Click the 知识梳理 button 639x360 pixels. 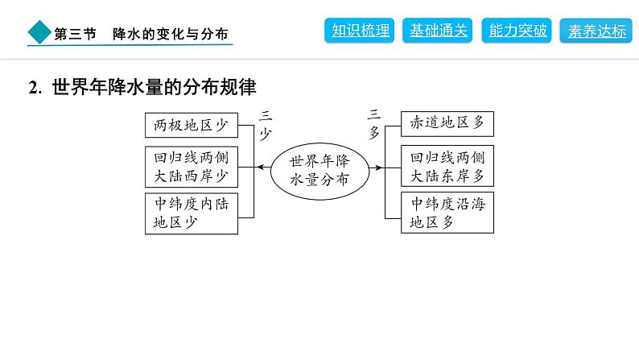pyautogui.click(x=360, y=30)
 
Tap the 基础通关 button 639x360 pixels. pyautogui.click(x=437, y=30)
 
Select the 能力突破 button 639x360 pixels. pyautogui.click(x=517, y=30)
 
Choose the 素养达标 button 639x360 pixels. pyautogui.click(x=596, y=31)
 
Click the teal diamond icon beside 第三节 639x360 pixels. pyautogui.click(x=39, y=32)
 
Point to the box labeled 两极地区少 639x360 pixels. pyautogui.click(x=192, y=125)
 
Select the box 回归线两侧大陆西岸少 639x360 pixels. pyautogui.click(x=192, y=168)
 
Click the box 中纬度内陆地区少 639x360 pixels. pyautogui.click(x=192, y=213)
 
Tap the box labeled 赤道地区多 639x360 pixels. pyautogui.click(x=447, y=123)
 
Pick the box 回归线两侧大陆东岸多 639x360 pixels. pyautogui.click(x=447, y=166)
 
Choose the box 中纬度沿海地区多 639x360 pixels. pyautogui.click(x=447, y=213)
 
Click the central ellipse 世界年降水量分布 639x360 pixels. pyautogui.click(x=320, y=172)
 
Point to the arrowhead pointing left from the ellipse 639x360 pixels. pyautogui.click(x=261, y=168)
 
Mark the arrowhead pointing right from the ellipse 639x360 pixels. pyautogui.click(x=378, y=168)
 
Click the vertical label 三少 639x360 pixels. pyautogui.click(x=266, y=125)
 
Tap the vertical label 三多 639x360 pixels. pyautogui.click(x=374, y=124)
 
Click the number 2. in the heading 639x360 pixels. pyautogui.click(x=35, y=87)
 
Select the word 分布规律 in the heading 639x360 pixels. pyautogui.click(x=219, y=87)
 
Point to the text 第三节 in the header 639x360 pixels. pyautogui.click(x=76, y=34)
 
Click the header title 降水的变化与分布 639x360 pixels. pyautogui.click(x=171, y=34)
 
